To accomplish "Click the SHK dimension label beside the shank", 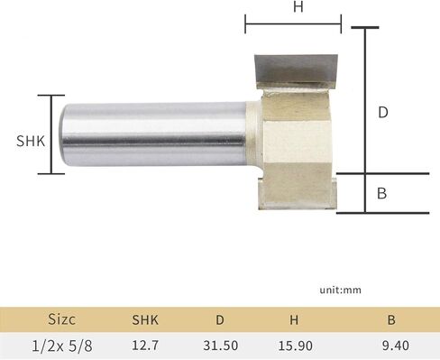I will point(31,141).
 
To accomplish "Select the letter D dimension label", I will point(382,113).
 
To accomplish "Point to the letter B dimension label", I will point(382,192).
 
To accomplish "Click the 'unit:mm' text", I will point(339,291).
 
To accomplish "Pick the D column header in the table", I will point(221,318).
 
